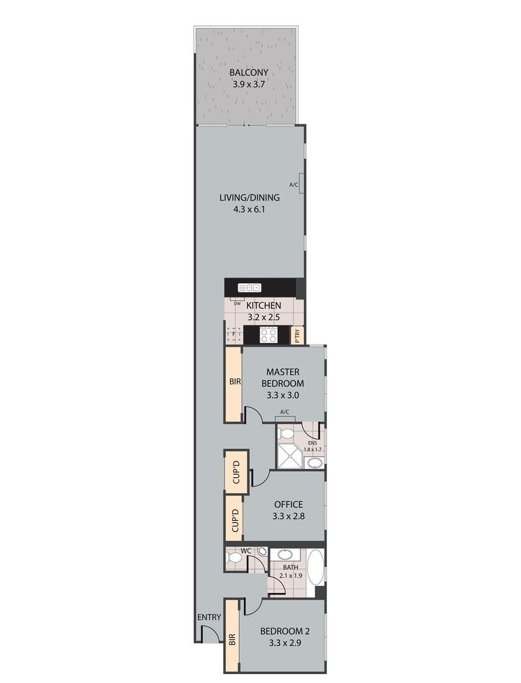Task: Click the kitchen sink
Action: coord(249,288)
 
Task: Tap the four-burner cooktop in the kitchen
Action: coord(269,334)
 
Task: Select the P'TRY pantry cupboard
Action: coord(297,335)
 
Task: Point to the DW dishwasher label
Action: coord(237,303)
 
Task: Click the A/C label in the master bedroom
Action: coord(285,412)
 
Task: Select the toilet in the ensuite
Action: coord(287,433)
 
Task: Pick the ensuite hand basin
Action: coord(315,463)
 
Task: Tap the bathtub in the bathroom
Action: coord(316,567)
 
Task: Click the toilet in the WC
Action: coord(235,558)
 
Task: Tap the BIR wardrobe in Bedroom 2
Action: coord(232,639)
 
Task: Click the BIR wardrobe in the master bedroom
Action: coord(234,384)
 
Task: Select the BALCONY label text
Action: coord(248,72)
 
